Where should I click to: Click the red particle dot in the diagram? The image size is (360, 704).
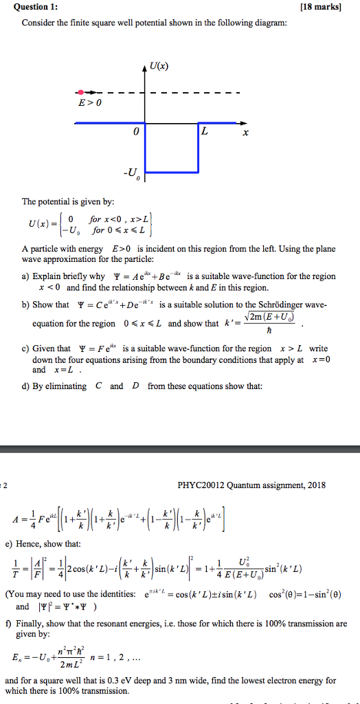[x=81, y=91]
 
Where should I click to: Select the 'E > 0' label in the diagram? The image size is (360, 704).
[x=90, y=104]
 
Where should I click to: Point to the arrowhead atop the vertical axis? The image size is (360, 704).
[x=144, y=66]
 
